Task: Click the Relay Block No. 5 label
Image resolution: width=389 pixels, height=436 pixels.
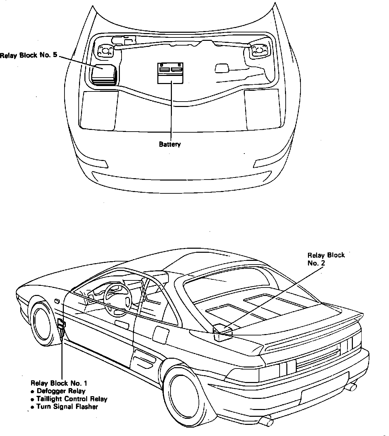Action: [x=28, y=55]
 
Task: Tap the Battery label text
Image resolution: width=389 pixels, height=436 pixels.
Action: [x=170, y=144]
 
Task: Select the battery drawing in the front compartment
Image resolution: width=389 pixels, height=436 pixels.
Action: [x=170, y=73]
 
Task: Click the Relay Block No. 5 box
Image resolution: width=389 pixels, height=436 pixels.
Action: [x=104, y=75]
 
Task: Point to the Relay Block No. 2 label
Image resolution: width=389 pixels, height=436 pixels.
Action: [x=326, y=259]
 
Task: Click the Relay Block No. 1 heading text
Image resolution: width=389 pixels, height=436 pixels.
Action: [x=59, y=383]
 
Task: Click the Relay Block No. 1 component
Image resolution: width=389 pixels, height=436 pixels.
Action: [x=61, y=326]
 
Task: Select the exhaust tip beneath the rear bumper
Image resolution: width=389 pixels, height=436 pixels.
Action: [x=267, y=420]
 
